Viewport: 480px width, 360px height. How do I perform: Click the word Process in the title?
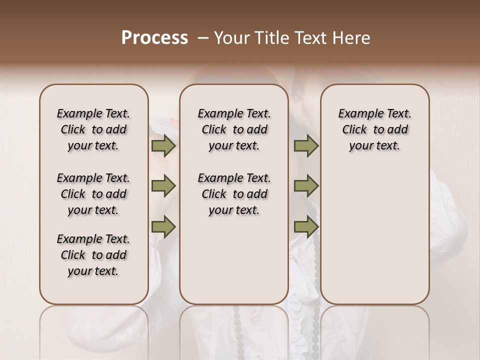(x=154, y=38)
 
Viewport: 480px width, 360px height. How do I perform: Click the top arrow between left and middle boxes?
(x=163, y=146)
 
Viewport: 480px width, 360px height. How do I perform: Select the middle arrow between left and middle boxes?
(x=163, y=186)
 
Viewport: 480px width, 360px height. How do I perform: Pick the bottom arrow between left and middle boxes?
(x=163, y=227)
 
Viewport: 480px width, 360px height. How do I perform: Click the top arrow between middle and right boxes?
(x=306, y=146)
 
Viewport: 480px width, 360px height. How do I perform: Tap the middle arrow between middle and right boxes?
(x=306, y=186)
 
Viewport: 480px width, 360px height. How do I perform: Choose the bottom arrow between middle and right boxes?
(x=306, y=227)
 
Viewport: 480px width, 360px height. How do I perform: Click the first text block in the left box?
(x=93, y=129)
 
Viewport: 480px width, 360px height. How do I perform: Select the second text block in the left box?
(x=93, y=194)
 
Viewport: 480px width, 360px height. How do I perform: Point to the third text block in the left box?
(x=93, y=255)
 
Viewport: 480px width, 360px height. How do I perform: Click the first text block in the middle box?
(x=234, y=129)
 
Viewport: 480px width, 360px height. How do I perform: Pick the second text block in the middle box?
(x=234, y=194)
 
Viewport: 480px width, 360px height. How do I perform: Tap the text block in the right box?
(x=375, y=129)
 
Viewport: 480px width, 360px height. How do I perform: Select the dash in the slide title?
(x=202, y=38)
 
